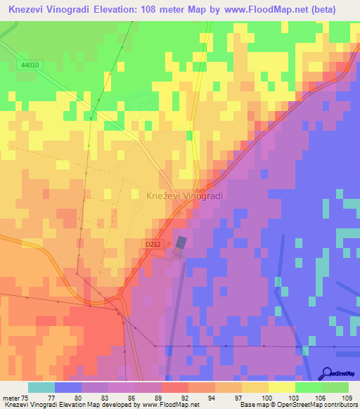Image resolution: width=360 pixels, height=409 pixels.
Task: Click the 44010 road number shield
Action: [30, 65]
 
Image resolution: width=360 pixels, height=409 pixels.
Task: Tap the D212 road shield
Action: [154, 244]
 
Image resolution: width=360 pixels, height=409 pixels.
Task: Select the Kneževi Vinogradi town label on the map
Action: [184, 197]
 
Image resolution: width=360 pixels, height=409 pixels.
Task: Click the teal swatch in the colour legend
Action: [41, 387]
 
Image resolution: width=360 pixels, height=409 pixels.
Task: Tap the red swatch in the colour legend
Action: [174, 387]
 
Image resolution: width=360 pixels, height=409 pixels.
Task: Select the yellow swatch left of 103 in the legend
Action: [281, 387]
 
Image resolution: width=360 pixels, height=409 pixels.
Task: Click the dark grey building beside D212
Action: [181, 242]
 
